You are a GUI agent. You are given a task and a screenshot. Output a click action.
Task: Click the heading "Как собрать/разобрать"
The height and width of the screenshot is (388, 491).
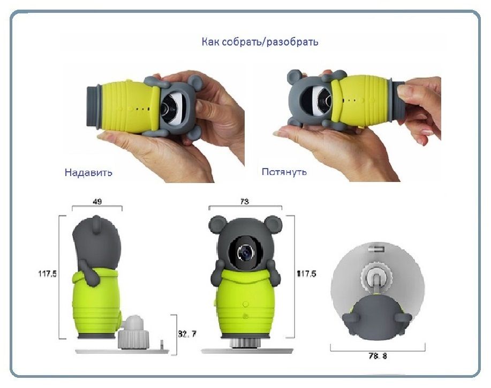(260, 42)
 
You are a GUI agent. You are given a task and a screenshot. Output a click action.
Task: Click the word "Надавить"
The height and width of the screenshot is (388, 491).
(88, 172)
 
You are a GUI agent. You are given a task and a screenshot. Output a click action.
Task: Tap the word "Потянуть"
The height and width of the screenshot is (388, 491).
(284, 172)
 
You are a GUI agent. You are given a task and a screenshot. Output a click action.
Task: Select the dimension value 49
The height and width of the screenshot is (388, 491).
(97, 202)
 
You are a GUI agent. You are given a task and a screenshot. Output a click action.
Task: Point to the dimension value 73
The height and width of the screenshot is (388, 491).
(245, 202)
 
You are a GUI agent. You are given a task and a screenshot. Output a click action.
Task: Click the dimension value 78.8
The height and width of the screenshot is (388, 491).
(377, 356)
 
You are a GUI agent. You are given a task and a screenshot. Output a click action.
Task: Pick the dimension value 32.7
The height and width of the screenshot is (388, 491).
(187, 334)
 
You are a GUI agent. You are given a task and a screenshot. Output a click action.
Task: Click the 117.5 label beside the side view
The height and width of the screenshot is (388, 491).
(48, 274)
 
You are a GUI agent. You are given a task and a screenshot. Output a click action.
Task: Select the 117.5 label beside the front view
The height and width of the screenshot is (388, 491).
(307, 274)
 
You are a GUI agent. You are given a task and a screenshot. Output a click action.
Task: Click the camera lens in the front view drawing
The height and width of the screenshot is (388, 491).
(245, 252)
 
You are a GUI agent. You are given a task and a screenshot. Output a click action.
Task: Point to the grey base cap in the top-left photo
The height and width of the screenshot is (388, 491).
(93, 106)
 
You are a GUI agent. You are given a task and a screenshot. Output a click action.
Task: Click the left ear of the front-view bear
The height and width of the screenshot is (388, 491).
(217, 224)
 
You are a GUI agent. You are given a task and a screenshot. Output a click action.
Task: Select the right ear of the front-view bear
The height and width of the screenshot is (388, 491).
(273, 224)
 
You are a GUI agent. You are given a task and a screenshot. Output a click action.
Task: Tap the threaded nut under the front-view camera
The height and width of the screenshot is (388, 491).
(245, 343)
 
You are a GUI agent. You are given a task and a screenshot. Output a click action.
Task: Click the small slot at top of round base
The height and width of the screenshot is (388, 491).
(376, 249)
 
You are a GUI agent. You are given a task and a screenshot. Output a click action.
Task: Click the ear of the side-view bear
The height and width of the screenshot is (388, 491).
(96, 225)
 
